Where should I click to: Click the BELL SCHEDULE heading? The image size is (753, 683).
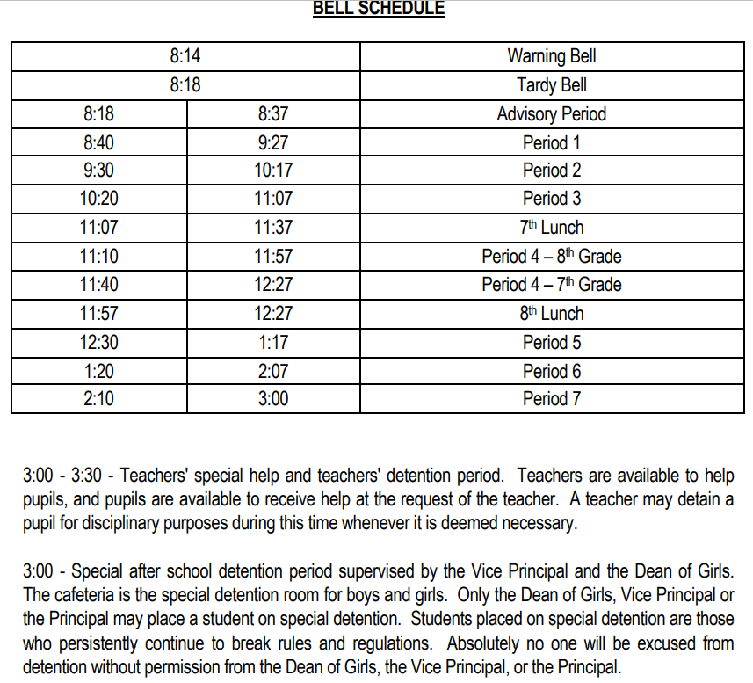coord(379,9)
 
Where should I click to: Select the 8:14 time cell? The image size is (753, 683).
coord(185,56)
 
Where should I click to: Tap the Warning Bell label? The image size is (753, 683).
coord(551,56)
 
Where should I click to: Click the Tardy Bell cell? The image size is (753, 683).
coord(551,85)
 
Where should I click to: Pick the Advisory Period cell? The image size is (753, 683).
coord(551,114)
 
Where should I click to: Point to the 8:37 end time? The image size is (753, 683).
coord(273,114)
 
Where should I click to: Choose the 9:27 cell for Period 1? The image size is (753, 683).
coord(273,142)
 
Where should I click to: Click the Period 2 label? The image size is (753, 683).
coord(551,171)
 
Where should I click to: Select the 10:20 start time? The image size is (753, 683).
coord(98,199)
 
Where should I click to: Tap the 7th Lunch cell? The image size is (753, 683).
coord(551,228)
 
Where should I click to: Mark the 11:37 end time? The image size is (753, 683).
coord(273,228)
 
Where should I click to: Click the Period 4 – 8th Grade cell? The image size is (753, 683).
coord(551,257)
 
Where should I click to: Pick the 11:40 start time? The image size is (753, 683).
coord(98,285)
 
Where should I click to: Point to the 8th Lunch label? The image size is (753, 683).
coord(551,314)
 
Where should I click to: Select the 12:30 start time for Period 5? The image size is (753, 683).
coord(98,342)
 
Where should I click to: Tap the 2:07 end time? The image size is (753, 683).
coord(273,371)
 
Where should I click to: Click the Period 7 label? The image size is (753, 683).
coord(551,399)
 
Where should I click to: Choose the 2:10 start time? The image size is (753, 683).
coord(98,399)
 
